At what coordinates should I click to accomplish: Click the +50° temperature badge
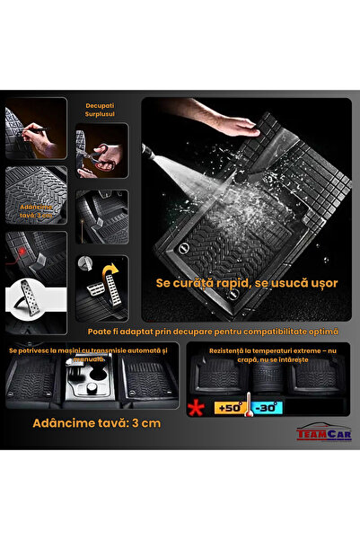[231, 408]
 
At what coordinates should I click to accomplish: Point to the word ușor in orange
[322, 282]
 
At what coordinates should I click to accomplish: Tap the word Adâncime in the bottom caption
[56, 422]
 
